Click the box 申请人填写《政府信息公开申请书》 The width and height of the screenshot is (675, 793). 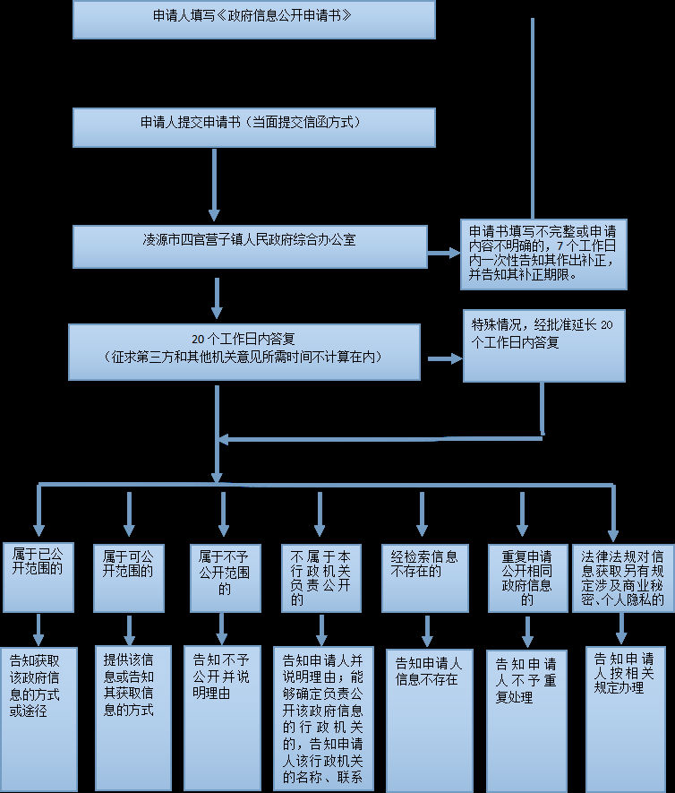pyautogui.click(x=254, y=19)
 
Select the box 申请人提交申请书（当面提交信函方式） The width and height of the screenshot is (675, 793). pyautogui.click(x=254, y=127)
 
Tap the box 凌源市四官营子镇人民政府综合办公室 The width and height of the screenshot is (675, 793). pyautogui.click(x=250, y=246)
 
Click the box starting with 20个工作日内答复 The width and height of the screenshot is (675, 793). pyautogui.click(x=244, y=352)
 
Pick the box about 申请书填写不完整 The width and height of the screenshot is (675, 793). pyautogui.click(x=543, y=254)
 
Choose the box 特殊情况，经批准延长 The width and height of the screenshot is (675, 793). pyautogui.click(x=544, y=346)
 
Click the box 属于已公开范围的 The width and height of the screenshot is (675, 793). pyautogui.click(x=38, y=578)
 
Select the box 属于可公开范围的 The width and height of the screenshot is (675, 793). pyautogui.click(x=129, y=578)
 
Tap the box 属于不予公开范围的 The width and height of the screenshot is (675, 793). pyautogui.click(x=226, y=578)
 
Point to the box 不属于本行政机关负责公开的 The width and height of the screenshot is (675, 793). pyautogui.click(x=321, y=578)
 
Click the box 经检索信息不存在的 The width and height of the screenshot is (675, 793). pyautogui.click(x=425, y=578)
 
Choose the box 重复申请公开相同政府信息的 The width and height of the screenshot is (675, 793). pyautogui.click(x=528, y=578)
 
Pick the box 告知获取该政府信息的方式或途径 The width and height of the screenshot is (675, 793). pyautogui.click(x=38, y=720)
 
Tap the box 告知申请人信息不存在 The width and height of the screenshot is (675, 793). pyautogui.click(x=430, y=721)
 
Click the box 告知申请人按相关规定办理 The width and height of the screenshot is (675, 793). pyautogui.click(x=626, y=720)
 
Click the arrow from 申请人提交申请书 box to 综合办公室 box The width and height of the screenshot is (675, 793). pyautogui.click(x=214, y=185)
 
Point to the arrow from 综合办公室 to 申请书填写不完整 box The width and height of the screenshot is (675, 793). pyautogui.click(x=444, y=253)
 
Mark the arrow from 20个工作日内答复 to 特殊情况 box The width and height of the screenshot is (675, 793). pyautogui.click(x=445, y=358)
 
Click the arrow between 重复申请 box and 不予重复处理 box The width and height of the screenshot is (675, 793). pyautogui.click(x=527, y=632)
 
